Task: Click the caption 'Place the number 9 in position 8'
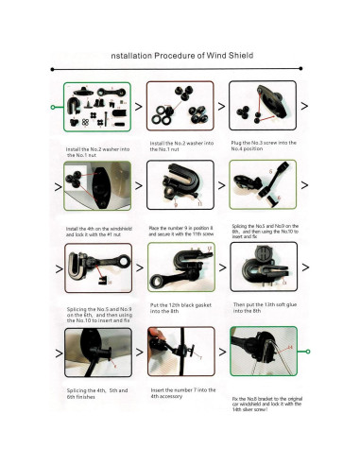(x=183, y=229)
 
